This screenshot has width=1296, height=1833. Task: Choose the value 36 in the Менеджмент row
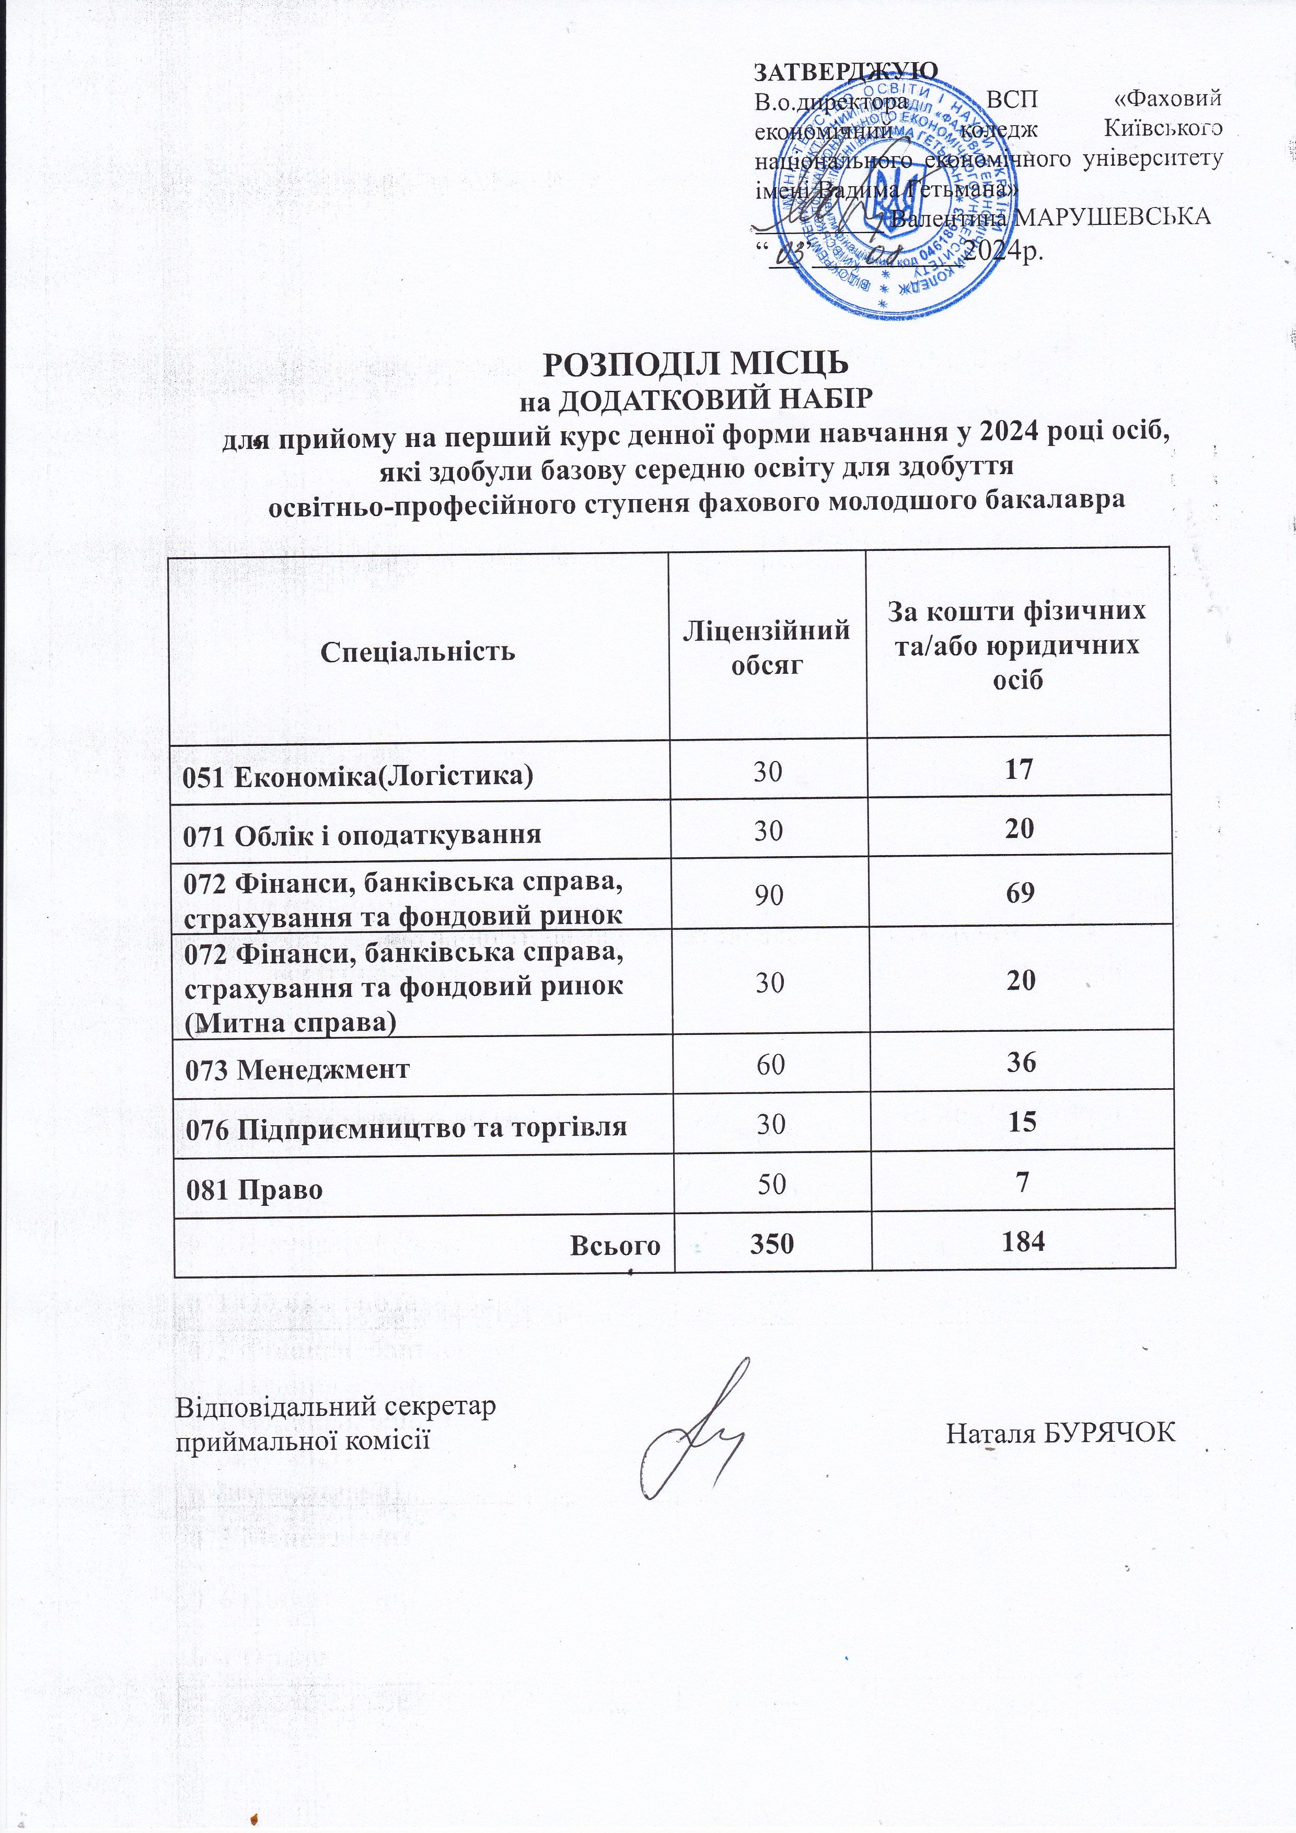tap(1022, 1062)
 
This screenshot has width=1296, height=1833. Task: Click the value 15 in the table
tap(1022, 1122)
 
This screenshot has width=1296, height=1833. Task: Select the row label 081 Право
tap(254, 1190)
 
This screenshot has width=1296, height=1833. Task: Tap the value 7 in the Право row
tap(1022, 1182)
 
